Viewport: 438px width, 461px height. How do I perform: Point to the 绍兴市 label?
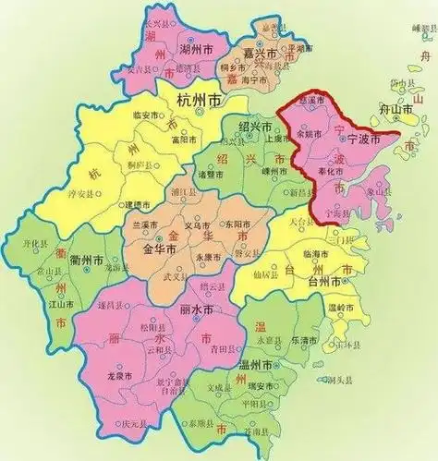coord(255,127)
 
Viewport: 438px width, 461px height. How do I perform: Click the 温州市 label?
coord(254,367)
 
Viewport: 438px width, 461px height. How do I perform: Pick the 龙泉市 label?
coord(116,376)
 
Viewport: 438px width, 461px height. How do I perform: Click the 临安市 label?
coord(147,115)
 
